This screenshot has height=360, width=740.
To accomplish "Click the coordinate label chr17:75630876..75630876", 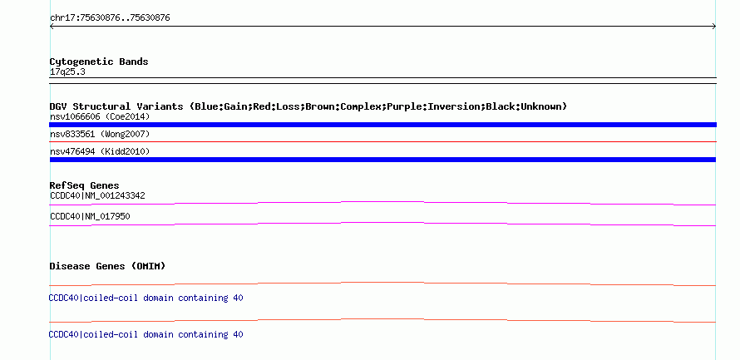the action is tap(110, 18).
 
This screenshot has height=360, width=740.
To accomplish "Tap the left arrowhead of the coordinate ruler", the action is tap(51, 27).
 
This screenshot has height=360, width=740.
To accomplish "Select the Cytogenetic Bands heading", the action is tap(99, 62).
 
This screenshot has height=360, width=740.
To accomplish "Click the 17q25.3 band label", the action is tap(67, 72).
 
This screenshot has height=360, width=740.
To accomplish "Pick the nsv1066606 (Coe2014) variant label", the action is tap(100, 116).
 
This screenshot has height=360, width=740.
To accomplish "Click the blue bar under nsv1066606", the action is tap(382, 125).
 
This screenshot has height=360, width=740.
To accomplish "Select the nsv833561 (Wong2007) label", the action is tap(100, 135).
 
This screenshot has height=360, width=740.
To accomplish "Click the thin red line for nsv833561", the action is tap(382, 141).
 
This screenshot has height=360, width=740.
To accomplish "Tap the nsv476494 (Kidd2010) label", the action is tap(100, 151).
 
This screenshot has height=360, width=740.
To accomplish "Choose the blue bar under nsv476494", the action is tap(382, 160).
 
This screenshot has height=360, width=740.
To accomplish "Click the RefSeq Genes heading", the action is tap(84, 185).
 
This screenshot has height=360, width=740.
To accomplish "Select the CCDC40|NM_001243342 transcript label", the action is tap(97, 195).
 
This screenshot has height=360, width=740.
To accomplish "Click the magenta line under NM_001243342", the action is tap(382, 202).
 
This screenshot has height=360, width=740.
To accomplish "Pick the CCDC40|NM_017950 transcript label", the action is tap(90, 216).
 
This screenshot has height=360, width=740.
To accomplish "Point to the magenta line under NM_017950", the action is tap(382, 223).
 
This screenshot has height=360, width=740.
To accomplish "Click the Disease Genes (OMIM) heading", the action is tap(107, 266).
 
